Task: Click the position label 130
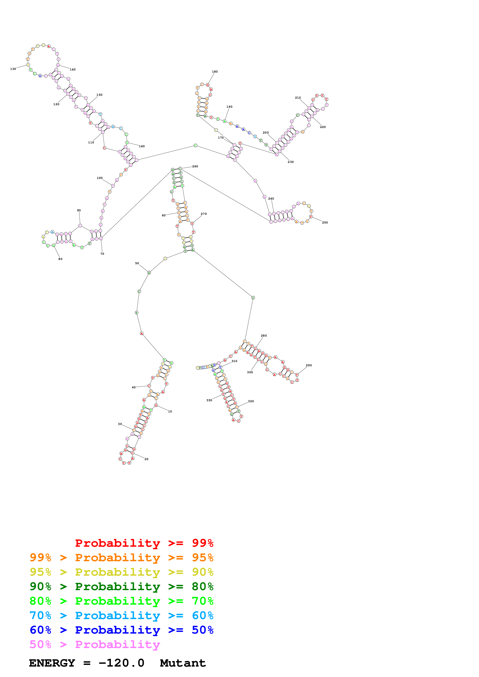pos(13,69)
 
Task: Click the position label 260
pos(195,166)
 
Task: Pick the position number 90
pos(79,211)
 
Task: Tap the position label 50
pos(137,263)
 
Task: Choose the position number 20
pos(146,459)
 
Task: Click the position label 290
pos(309,365)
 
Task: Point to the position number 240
pos(271,199)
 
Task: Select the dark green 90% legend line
pos(121,586)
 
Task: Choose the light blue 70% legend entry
pos(121,615)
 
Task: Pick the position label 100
pos(100,178)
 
